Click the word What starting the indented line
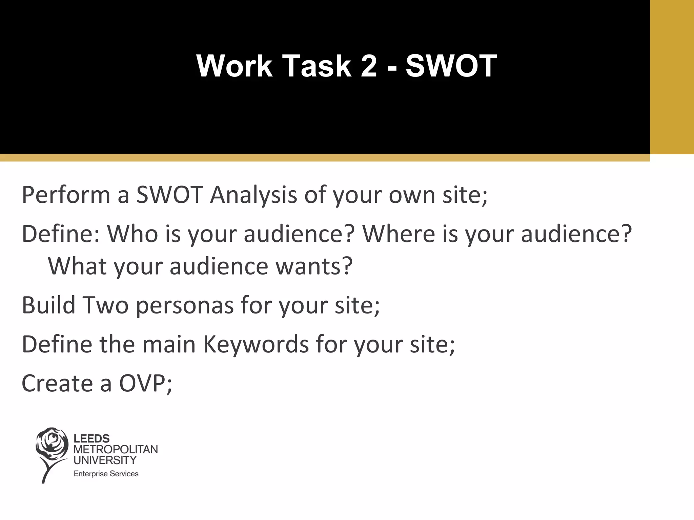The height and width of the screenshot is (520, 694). [x=77, y=266]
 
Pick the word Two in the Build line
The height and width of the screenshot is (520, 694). [x=105, y=305]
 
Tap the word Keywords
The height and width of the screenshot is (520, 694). [x=256, y=344]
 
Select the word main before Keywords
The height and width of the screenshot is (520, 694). [x=169, y=344]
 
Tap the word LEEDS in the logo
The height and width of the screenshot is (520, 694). [x=91, y=439]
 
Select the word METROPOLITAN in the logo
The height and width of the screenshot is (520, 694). [x=116, y=449]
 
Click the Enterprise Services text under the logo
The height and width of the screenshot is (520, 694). [x=106, y=474]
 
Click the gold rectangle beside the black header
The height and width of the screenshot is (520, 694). [x=672, y=77]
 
